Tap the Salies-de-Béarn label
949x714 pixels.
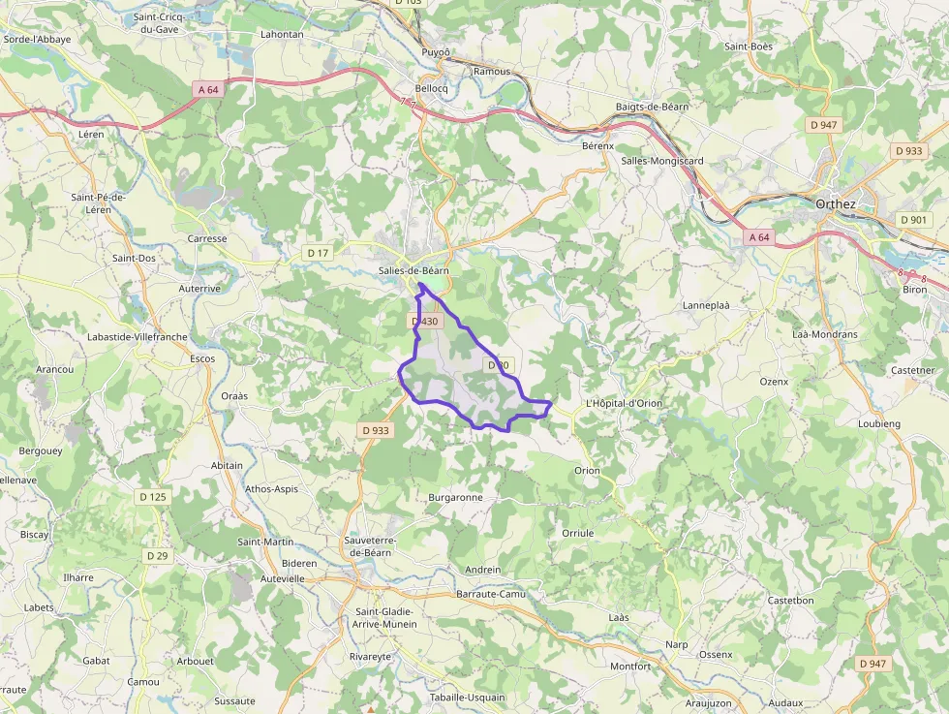click(x=413, y=272)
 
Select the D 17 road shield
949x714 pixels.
click(x=318, y=253)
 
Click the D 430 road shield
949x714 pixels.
click(x=425, y=322)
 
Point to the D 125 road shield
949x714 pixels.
click(x=153, y=497)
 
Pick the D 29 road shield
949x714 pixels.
click(x=157, y=556)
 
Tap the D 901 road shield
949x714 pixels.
click(x=913, y=220)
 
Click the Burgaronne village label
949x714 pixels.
click(x=455, y=498)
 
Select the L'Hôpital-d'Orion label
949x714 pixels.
click(x=624, y=404)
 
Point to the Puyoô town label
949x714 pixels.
click(x=437, y=52)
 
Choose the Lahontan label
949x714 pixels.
click(x=282, y=34)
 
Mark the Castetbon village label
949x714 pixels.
click(x=790, y=601)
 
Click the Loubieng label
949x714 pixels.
click(x=879, y=424)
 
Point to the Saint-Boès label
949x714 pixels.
click(x=748, y=46)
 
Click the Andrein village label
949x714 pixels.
click(x=483, y=571)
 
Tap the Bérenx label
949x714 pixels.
click(x=597, y=146)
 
